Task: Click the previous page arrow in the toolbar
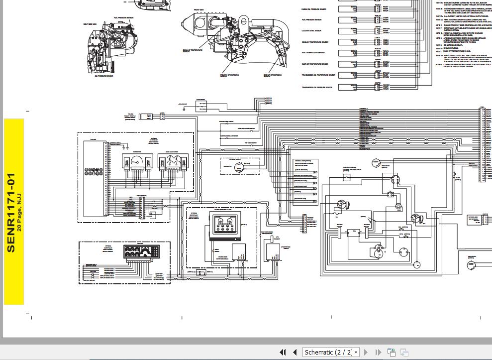[295, 353]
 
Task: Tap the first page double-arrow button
[283, 353]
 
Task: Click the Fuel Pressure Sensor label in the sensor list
[311, 20]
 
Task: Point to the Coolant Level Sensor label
[311, 31]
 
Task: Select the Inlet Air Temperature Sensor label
[314, 64]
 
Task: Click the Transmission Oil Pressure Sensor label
[317, 87]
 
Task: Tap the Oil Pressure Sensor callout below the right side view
[103, 76]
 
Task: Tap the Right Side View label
[90, 24]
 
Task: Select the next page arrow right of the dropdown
[367, 353]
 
